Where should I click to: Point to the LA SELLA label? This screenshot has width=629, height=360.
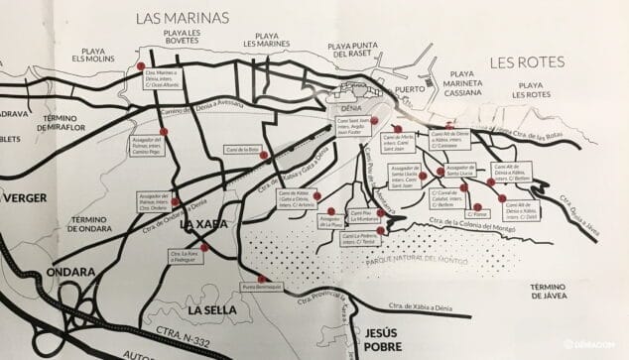click(x=210, y=310)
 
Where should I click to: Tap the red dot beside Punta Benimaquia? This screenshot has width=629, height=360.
click(x=261, y=278)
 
